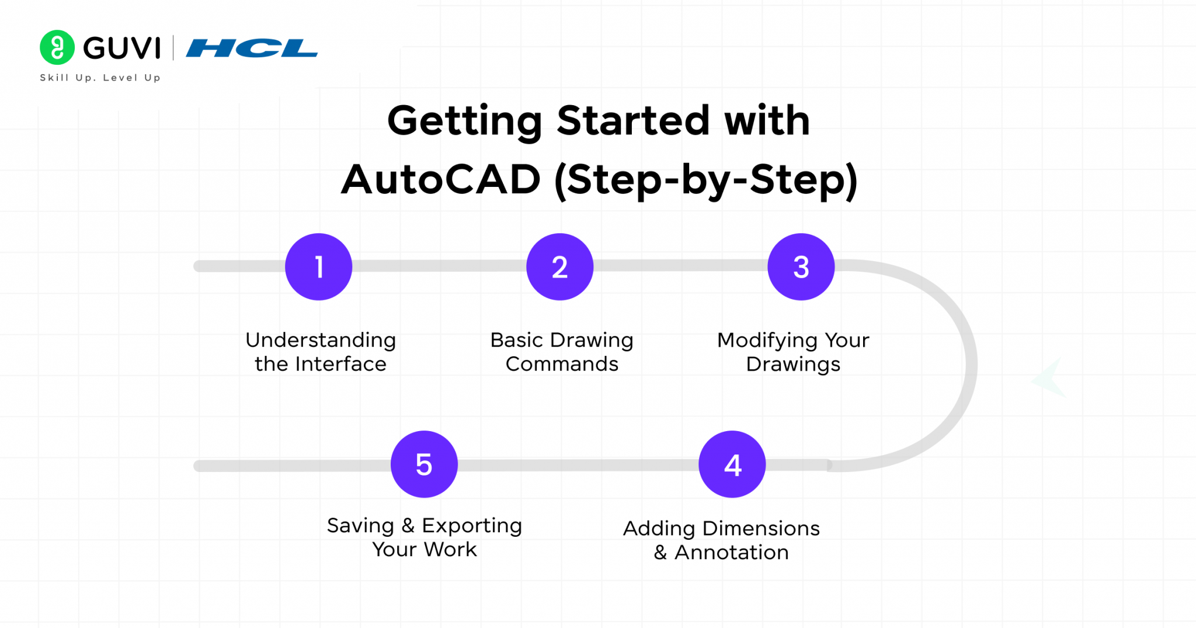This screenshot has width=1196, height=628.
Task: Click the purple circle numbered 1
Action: pos(318,267)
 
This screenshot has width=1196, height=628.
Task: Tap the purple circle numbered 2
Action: pos(559,267)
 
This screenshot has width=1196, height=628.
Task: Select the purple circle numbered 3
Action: pos(801,267)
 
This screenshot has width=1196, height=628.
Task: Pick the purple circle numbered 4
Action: pos(732,464)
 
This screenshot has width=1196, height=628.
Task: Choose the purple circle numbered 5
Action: pos(424,464)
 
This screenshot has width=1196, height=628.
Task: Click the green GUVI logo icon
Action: pos(57,47)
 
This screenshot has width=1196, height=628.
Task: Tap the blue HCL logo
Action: pos(252,48)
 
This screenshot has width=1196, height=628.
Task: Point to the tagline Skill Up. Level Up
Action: pos(100,78)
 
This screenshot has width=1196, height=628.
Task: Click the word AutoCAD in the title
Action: pos(441,179)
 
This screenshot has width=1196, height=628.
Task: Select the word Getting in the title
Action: pos(465,121)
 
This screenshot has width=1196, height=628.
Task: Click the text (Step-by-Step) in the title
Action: pos(705,181)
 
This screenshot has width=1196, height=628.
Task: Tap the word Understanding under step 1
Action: pos(321,340)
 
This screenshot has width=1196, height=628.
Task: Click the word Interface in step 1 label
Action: pos(340,364)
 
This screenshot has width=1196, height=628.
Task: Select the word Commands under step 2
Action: pos(562,364)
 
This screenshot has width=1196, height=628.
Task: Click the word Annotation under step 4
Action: pos(731,552)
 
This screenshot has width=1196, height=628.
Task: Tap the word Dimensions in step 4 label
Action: pos(761,528)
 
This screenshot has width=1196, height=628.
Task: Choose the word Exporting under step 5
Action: pos(472,526)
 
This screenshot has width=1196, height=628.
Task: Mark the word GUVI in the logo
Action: pos(121,48)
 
